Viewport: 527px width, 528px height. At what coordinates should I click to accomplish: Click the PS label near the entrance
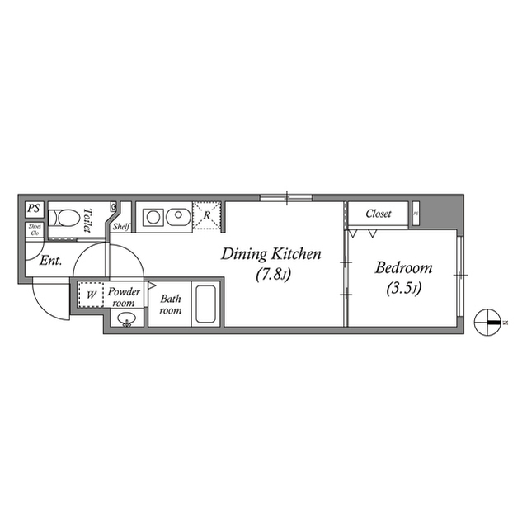(34, 209)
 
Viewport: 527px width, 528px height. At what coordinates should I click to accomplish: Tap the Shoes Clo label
(35, 229)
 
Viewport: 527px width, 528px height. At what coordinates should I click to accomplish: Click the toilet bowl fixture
(64, 219)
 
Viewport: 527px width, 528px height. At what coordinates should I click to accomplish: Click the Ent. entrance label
(50, 261)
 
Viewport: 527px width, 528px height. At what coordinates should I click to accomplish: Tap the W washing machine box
(91, 293)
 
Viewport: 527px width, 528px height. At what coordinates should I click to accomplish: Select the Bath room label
(171, 304)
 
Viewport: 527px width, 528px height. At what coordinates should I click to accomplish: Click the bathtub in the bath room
(206, 304)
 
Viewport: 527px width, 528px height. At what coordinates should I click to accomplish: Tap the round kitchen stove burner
(153, 218)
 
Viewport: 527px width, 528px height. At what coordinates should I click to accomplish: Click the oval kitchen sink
(177, 218)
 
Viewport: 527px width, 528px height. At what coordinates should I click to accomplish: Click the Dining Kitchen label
(271, 254)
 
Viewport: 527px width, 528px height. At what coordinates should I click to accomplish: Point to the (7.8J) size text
(271, 276)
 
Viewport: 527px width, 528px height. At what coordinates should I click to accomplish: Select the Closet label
(379, 214)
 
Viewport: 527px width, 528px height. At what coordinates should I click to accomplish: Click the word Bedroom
(404, 267)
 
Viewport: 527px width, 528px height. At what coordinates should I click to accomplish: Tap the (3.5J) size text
(403, 289)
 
